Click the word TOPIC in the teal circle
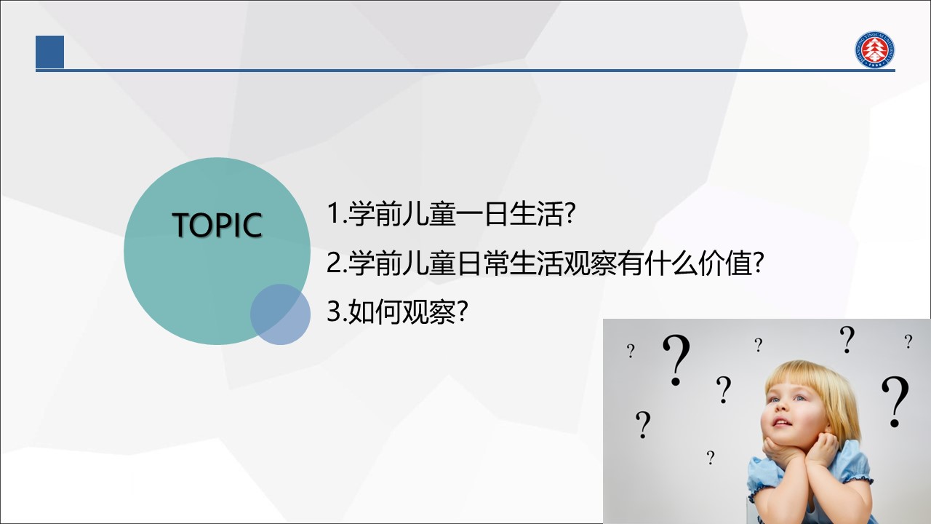pos(217,225)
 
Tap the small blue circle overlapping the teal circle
pos(280,314)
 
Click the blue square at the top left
pos(50,52)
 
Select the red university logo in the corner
pos(874,49)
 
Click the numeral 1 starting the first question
pos(334,213)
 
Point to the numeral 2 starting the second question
pos(334,263)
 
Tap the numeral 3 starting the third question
pos(334,311)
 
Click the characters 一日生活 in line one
pos(509,214)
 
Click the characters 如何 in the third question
pos(375,312)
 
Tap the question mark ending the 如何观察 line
pos(462,311)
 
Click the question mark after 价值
pos(759,263)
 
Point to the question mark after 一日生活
pos(569,213)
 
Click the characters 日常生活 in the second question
pos(509,263)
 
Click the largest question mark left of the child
pos(676,360)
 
